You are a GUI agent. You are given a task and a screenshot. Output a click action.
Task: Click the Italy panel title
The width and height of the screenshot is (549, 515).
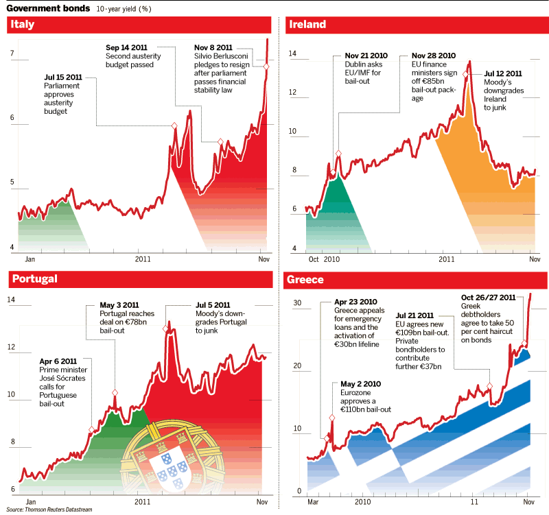[x=23, y=25]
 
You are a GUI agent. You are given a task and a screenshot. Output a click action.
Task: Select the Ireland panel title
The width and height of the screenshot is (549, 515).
[x=307, y=25]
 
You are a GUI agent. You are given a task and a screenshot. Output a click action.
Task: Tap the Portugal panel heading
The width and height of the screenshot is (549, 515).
[x=33, y=278]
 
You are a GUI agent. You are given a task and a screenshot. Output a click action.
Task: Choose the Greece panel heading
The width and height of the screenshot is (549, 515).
[x=305, y=280]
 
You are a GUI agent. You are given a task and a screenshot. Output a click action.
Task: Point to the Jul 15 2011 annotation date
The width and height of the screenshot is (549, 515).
[x=63, y=77]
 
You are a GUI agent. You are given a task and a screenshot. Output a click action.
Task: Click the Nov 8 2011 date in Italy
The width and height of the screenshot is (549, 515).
[x=213, y=47]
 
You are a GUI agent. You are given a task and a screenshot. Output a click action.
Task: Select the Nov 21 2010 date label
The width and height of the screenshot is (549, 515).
[x=366, y=56]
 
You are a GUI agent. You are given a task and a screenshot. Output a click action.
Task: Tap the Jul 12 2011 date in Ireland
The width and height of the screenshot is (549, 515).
[x=503, y=73]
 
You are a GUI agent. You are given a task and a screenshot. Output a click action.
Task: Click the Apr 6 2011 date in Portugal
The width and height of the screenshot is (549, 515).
[x=58, y=361]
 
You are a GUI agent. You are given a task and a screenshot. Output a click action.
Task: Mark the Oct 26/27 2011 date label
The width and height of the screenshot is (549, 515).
[x=489, y=298]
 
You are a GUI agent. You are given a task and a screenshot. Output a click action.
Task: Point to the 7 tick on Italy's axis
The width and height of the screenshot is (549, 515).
[x=10, y=53]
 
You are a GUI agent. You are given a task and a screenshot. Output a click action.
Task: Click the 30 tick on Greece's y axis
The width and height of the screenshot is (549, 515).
[x=297, y=302]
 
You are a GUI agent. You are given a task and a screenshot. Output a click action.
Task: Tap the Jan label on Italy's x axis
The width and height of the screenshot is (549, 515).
[x=30, y=259]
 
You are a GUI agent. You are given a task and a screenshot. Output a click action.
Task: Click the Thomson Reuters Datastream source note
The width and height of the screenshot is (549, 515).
[x=49, y=510]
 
